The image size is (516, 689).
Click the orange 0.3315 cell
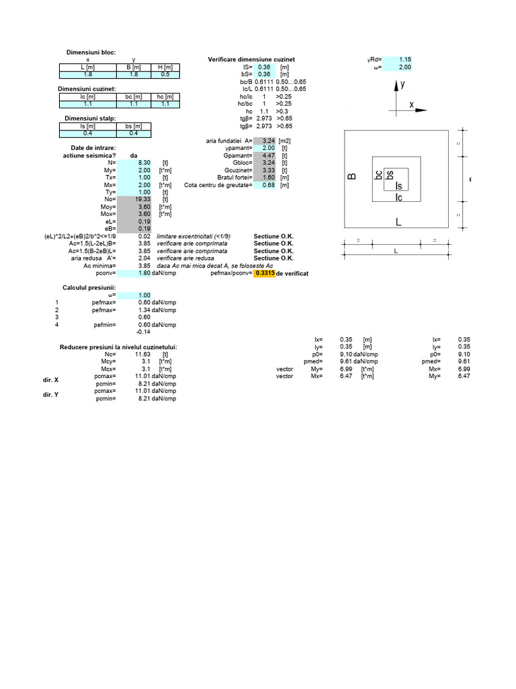tap(264, 274)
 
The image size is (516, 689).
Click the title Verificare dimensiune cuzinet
tap(251, 60)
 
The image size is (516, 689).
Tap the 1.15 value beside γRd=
tap(405, 60)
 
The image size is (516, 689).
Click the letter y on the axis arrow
tap(402, 85)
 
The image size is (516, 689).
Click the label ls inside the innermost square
tap(399, 186)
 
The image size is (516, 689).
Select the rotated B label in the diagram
tap(351, 177)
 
